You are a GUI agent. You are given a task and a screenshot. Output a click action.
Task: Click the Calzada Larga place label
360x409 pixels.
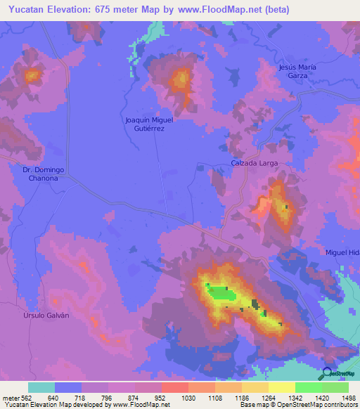(255, 163)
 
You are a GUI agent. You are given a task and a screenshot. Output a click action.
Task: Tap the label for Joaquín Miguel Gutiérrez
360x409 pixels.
(149, 124)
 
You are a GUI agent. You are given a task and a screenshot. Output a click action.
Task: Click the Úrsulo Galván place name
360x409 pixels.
(44, 316)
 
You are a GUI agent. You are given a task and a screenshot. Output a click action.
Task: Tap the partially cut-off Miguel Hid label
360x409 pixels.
(342, 252)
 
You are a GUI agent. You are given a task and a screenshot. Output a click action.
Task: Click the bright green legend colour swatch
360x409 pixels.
(309, 387)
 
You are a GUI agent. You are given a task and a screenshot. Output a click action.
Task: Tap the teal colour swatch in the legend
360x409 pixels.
(41, 387)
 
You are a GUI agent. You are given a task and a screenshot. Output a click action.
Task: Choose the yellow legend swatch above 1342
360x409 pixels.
(282, 387)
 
